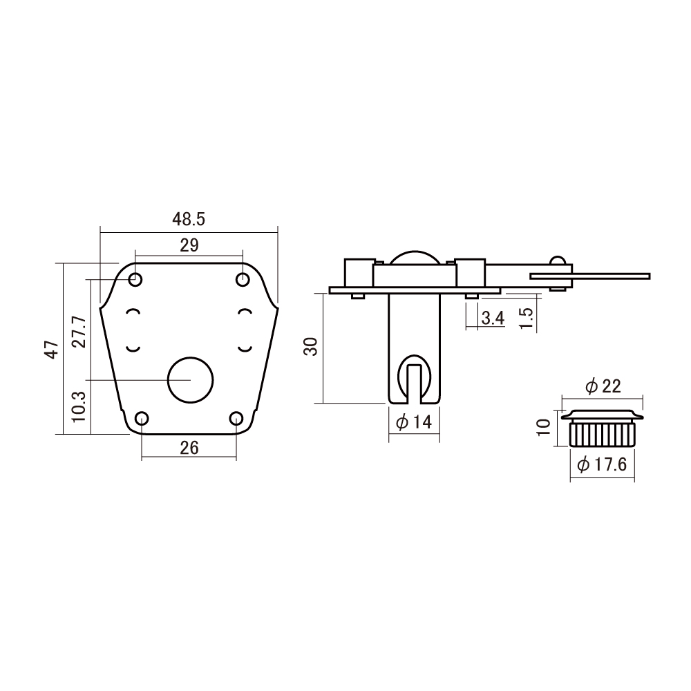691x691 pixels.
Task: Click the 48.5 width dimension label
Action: click(189, 219)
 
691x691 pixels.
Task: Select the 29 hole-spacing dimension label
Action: click(189, 245)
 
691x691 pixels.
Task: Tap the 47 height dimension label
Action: click(53, 350)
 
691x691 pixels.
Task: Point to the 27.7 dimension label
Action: click(79, 332)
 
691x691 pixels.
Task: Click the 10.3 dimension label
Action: click(79, 407)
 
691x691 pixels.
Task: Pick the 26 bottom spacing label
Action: click(189, 448)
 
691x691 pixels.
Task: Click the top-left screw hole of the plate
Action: click(135, 279)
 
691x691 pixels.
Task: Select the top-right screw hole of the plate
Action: click(243, 279)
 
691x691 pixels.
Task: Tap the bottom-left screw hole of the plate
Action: click(142, 418)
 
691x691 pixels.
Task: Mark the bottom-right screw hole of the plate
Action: click(236, 418)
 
